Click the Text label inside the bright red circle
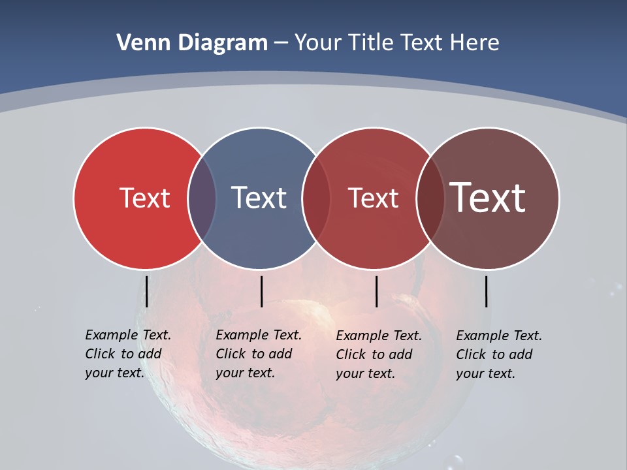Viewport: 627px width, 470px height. point(144,198)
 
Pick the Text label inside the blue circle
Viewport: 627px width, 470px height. point(259,198)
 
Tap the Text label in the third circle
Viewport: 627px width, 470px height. point(373,198)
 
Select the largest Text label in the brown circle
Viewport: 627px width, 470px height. point(488,197)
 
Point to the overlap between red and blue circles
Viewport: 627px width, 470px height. point(202,198)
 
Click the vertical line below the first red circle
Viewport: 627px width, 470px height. point(146,291)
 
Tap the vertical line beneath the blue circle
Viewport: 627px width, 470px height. point(261,291)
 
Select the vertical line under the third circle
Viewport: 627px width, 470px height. point(376,291)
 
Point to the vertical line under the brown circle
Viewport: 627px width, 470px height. point(486,291)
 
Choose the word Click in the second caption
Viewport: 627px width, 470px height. point(231,354)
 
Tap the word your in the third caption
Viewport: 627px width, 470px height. point(349,374)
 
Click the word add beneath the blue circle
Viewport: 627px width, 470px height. point(280,354)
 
